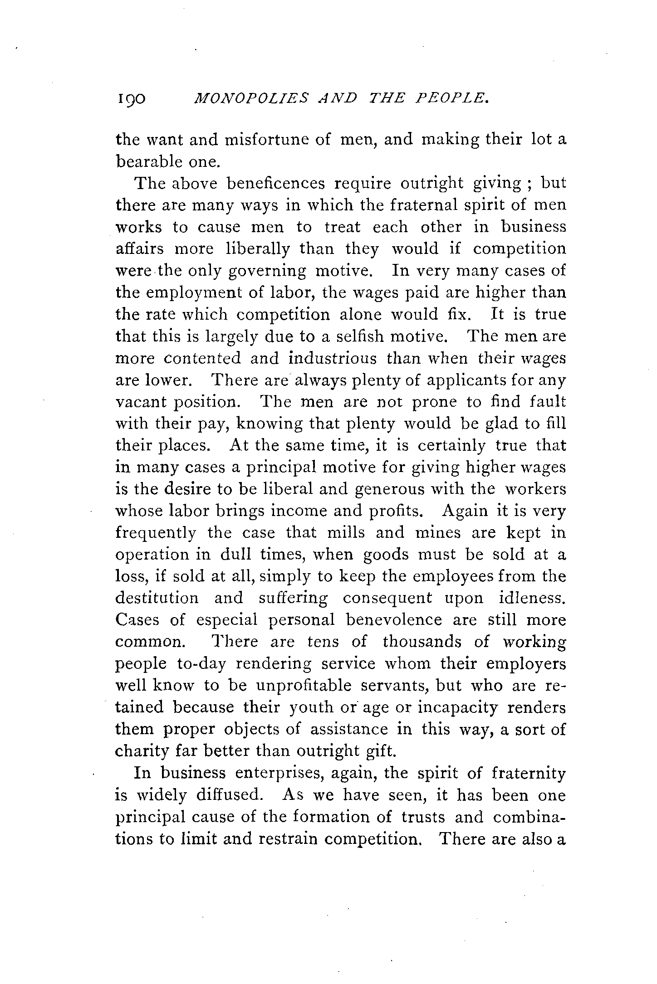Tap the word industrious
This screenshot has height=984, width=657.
tap(332, 358)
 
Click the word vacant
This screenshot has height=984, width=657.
tap(140, 402)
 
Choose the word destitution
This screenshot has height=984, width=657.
tap(157, 598)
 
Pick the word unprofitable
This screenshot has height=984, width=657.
tap(304, 685)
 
